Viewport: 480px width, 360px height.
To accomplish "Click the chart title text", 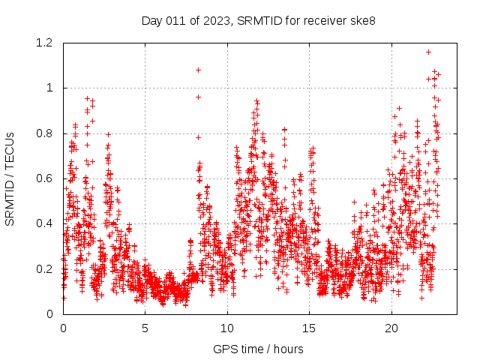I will click(258, 20).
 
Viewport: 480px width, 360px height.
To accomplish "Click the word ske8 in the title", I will click(361, 20).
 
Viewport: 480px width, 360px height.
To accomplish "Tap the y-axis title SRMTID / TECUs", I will click(10, 178).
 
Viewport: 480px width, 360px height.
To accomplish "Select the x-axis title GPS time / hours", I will click(258, 349).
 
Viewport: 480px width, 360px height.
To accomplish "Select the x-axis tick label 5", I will click(145, 328).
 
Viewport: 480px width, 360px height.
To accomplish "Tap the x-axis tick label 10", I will click(227, 328).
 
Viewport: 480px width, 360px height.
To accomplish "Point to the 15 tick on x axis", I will click(309, 328).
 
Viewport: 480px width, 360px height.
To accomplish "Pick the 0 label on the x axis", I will click(63, 328).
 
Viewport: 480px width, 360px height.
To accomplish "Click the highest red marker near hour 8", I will click(198, 70).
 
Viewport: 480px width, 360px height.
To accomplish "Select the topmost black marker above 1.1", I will click(428, 52).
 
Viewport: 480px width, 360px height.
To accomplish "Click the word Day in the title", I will click(151, 20).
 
